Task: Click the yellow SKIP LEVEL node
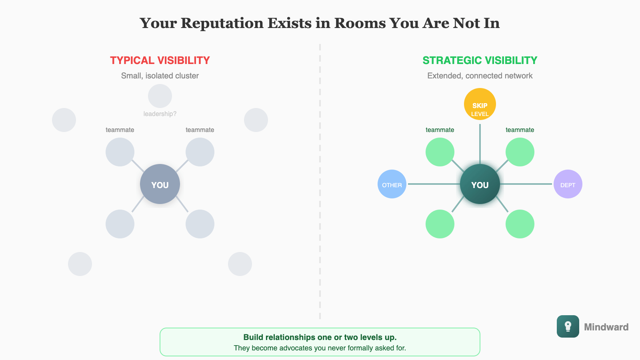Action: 480,104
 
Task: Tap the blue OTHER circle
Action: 392,184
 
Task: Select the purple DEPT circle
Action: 568,184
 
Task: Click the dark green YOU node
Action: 480,184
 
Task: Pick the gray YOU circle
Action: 160,184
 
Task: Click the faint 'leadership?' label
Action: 160,114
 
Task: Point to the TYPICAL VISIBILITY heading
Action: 160,60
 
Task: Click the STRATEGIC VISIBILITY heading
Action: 480,60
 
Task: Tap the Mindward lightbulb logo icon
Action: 568,326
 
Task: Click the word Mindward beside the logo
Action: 606,327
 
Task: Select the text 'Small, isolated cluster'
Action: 160,76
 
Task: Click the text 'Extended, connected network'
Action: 480,76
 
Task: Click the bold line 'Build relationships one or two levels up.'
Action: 320,337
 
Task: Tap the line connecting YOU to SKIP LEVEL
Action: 480,142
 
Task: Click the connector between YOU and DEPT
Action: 526,184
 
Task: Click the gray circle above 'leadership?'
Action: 160,96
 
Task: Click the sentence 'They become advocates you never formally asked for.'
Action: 320,348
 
